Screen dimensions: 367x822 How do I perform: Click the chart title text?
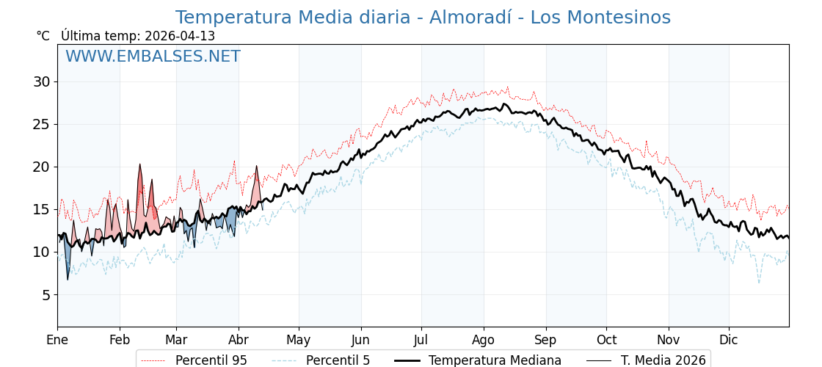(423, 18)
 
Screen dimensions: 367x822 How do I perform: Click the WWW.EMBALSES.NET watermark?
(153, 57)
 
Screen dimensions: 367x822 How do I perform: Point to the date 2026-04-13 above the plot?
(180, 36)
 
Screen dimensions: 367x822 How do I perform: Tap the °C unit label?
(43, 36)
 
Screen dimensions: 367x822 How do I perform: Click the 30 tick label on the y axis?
(41, 81)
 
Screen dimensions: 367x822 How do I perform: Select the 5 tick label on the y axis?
(46, 295)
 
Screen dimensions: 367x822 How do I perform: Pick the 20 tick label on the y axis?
(41, 167)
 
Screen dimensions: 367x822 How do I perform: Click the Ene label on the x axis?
(57, 340)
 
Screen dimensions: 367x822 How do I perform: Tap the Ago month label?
(483, 340)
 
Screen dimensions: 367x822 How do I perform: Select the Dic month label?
(729, 340)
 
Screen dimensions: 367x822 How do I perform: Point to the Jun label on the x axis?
(360, 340)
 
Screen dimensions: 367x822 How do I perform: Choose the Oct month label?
(606, 340)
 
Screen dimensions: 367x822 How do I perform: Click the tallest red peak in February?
(139, 165)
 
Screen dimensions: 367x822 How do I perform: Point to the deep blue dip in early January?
(68, 278)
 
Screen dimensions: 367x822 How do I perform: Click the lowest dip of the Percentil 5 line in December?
(759, 283)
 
